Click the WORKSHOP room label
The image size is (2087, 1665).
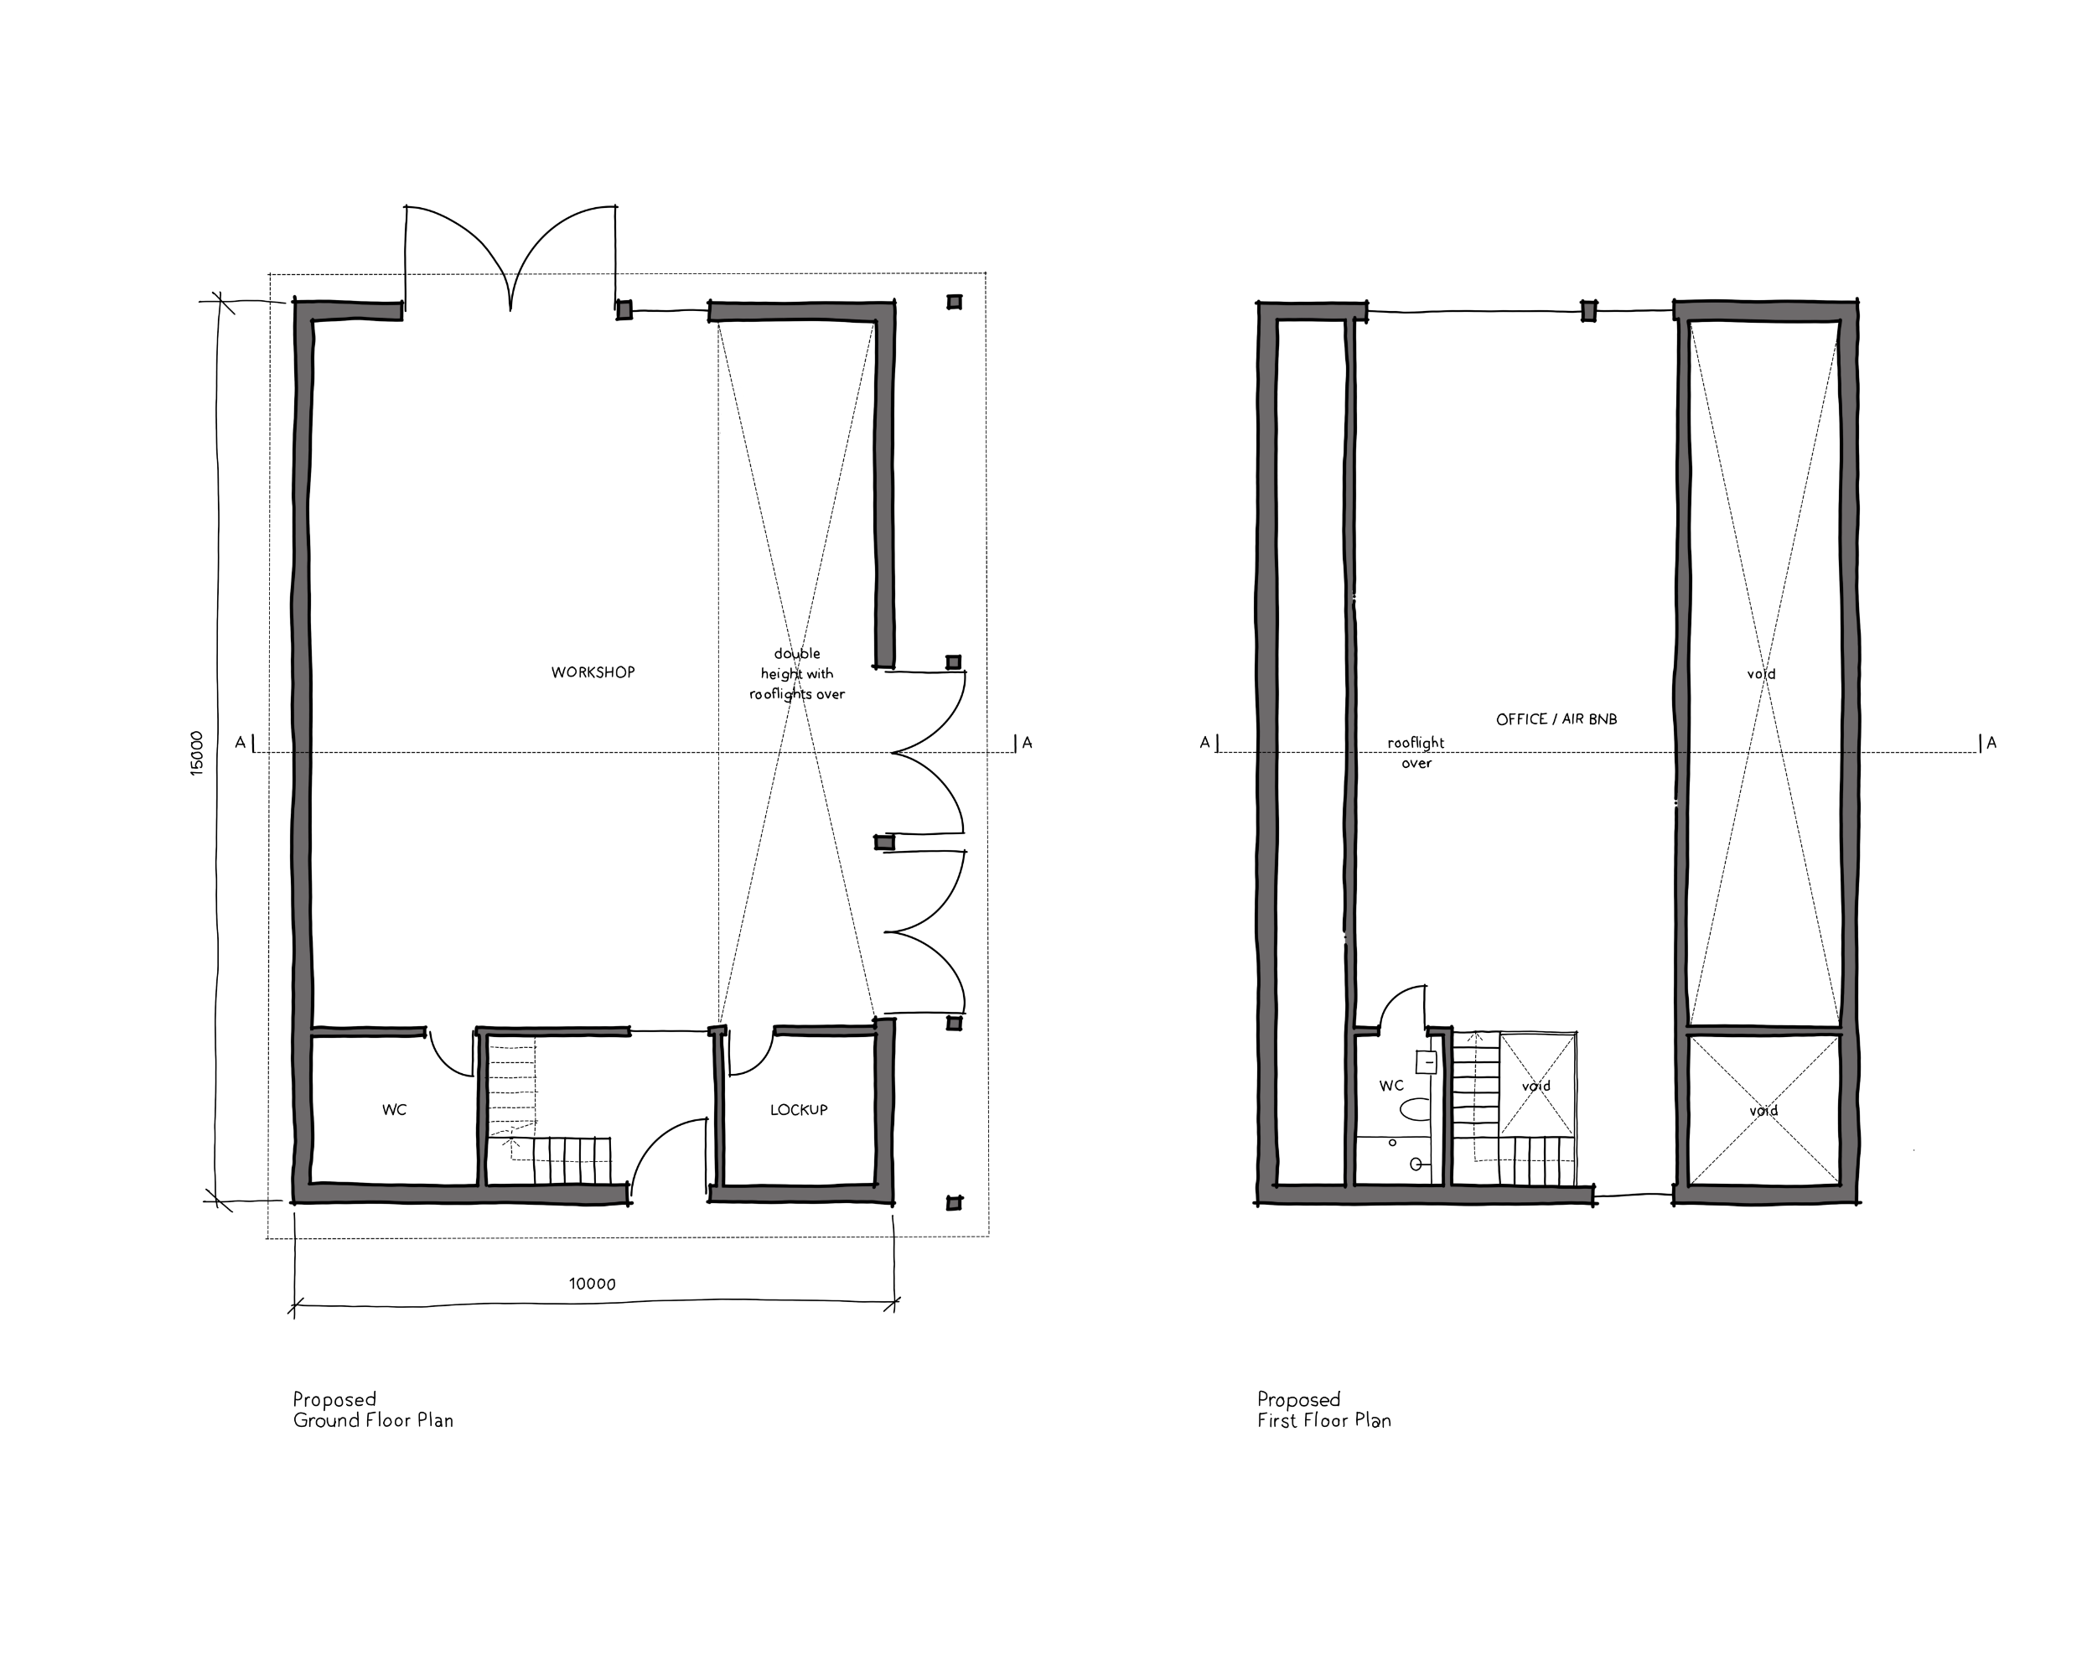(x=593, y=672)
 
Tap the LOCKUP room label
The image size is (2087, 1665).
(x=799, y=1109)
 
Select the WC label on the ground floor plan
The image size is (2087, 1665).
(x=394, y=1109)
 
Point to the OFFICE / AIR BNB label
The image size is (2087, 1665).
(x=1556, y=719)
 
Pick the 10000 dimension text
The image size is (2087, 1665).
(x=593, y=1284)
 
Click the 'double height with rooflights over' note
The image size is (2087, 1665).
(x=796, y=674)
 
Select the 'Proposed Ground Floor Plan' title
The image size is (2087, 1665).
(x=373, y=1409)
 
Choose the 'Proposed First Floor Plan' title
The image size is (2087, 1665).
(x=1324, y=1409)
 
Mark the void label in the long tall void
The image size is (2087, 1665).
(x=1762, y=674)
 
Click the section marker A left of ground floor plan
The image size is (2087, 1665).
(x=240, y=743)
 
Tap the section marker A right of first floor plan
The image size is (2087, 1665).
(x=1991, y=743)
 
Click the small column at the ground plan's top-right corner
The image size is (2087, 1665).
(x=955, y=302)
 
